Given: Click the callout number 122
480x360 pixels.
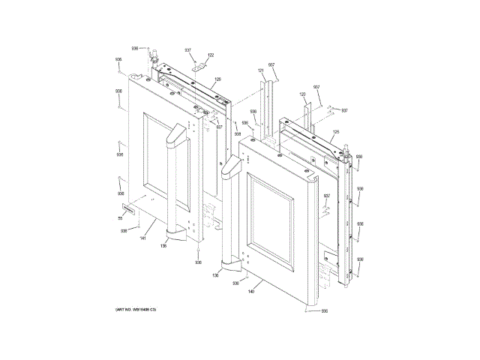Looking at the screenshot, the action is click(211, 55).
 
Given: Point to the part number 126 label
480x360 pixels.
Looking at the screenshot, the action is click(217, 79).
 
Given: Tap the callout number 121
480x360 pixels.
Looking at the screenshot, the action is click(261, 70).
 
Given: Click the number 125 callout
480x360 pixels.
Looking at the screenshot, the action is click(336, 132).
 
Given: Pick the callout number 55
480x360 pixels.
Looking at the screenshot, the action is click(119, 218).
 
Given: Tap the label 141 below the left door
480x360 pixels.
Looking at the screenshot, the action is click(142, 238).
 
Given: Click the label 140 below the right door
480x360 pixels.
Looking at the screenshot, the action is click(251, 292).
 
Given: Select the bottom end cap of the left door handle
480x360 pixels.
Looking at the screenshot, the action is click(175, 235).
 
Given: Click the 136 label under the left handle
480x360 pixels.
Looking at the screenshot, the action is click(163, 245).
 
